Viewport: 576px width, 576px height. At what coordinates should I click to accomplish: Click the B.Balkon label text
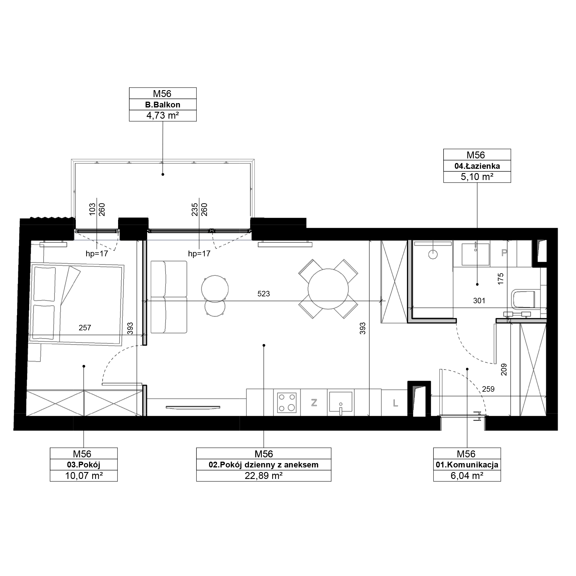[x=162, y=105]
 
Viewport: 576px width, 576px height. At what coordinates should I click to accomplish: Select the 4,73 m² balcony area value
[x=162, y=115]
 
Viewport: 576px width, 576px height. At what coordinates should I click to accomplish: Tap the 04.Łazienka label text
[x=477, y=166]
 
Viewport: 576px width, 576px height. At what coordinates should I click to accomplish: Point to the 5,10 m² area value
[x=477, y=177]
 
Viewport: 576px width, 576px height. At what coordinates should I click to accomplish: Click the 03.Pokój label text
[x=84, y=465]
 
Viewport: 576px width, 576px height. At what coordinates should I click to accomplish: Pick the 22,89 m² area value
[x=264, y=475]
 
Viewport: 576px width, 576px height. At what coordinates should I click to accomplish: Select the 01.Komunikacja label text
[x=467, y=465]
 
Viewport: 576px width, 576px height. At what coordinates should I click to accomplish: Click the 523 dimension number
[x=264, y=294]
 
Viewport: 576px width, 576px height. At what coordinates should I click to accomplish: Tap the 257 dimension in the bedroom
[x=85, y=328]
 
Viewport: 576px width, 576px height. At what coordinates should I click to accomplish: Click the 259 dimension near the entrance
[x=488, y=389]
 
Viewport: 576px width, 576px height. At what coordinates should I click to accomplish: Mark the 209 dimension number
[x=503, y=370]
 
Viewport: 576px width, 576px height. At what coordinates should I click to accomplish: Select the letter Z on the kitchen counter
[x=314, y=403]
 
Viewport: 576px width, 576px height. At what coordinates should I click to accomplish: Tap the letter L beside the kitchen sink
[x=395, y=403]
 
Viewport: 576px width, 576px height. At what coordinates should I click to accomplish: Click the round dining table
[x=328, y=289]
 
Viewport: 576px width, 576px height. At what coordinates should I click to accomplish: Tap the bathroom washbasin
[x=475, y=254]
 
